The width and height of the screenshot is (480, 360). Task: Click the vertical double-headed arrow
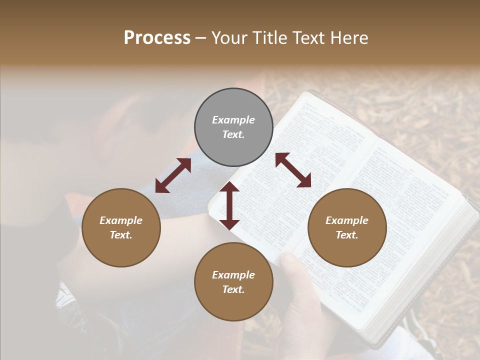tap(229, 205)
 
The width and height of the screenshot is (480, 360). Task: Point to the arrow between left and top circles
tap(173, 175)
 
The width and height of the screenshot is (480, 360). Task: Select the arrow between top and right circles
tap(293, 170)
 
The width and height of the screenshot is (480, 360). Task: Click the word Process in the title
tap(157, 38)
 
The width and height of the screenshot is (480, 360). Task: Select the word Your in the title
tap(229, 38)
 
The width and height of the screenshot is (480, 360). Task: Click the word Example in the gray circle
tap(233, 120)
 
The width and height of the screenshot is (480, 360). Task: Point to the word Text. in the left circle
tap(121, 235)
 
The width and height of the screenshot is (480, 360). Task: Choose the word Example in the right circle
tap(347, 220)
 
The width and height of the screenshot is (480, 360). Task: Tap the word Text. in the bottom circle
tap(233, 289)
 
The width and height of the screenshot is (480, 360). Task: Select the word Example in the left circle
tap(121, 220)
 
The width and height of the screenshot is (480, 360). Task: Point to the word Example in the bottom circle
tap(233, 275)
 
